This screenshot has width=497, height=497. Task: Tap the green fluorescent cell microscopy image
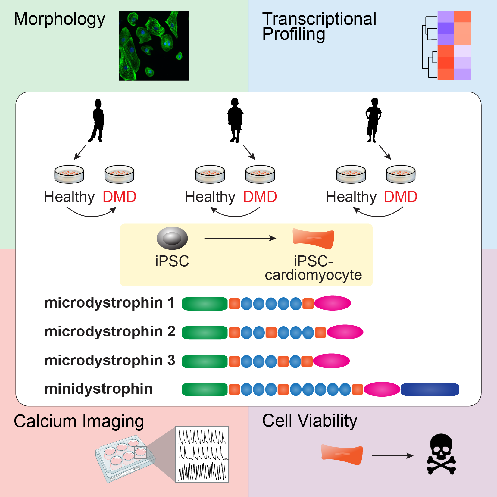tap(154, 46)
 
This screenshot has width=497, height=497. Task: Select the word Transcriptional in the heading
tap(319, 19)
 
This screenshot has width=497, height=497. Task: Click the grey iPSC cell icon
tap(172, 238)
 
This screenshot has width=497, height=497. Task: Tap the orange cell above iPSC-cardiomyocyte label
tap(314, 239)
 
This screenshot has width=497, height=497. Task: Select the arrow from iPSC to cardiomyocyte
tap(240, 238)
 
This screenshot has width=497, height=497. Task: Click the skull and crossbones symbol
tap(441, 454)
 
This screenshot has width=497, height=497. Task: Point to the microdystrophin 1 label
tap(110, 303)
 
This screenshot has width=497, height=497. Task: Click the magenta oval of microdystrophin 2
tap(345, 332)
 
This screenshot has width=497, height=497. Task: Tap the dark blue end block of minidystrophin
tap(430, 389)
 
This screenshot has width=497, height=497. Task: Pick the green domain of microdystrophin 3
tap(205, 361)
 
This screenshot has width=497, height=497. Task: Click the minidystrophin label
tap(98, 389)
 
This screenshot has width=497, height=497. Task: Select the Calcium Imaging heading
tap(79, 421)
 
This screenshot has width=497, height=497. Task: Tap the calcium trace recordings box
tap(202, 454)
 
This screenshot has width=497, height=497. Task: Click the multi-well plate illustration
tap(126, 458)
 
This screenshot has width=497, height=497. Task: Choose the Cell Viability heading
tap(310, 421)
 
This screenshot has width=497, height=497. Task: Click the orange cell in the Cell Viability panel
tap(342, 455)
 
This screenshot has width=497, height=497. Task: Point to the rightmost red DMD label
tap(401, 197)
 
